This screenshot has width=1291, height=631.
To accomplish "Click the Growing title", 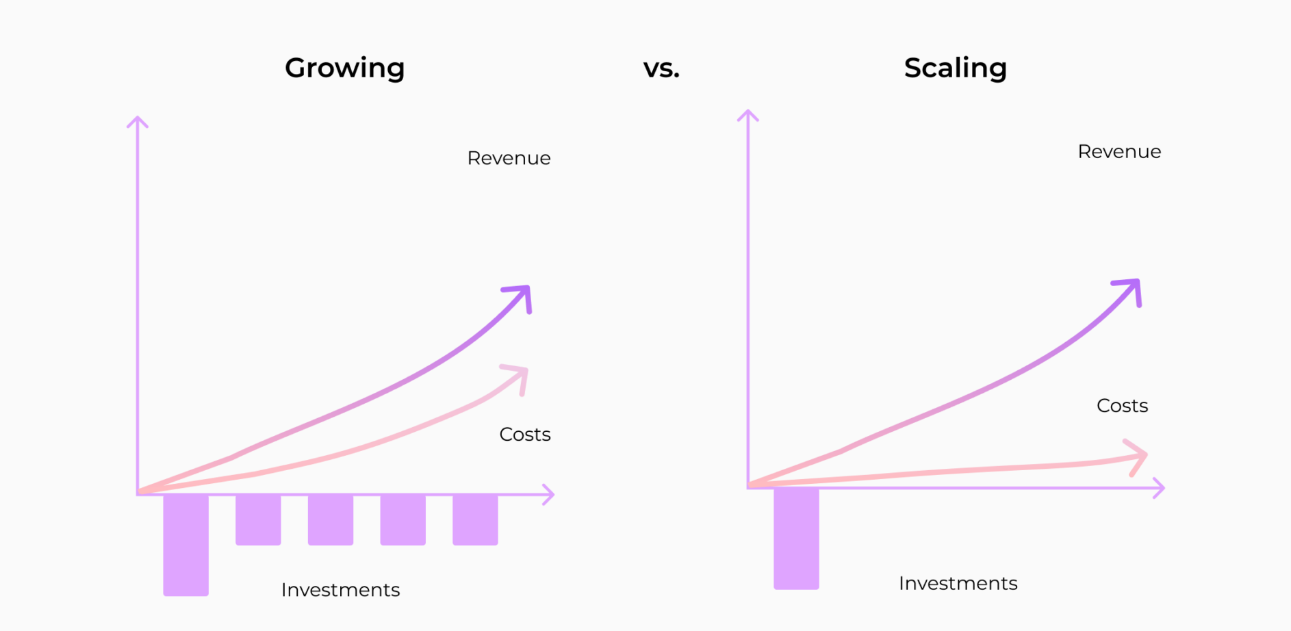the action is click(x=344, y=68).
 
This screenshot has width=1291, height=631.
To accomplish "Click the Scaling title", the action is click(x=955, y=68).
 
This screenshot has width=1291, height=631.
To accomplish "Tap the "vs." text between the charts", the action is click(x=661, y=68).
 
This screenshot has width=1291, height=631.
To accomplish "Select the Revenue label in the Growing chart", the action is click(x=509, y=158).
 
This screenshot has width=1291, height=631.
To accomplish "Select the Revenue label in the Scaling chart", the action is click(x=1119, y=151).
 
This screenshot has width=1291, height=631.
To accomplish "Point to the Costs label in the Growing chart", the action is click(x=525, y=435).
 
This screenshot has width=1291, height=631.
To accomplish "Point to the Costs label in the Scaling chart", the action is click(x=1123, y=406).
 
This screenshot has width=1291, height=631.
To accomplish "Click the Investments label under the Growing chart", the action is click(x=340, y=590).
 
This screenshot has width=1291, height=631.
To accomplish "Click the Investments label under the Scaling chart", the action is click(x=958, y=583).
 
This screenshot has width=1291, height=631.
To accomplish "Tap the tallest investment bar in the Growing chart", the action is click(x=186, y=545).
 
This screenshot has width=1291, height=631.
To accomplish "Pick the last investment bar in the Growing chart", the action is click(x=475, y=519).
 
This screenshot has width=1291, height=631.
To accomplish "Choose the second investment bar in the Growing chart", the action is click(x=258, y=519).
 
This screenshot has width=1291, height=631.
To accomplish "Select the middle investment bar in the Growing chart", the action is click(x=331, y=519).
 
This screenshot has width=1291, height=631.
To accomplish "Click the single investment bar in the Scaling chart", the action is click(x=796, y=539).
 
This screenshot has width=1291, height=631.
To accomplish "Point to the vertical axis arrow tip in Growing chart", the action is click(x=138, y=117).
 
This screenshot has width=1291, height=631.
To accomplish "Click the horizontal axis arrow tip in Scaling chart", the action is click(x=1164, y=488).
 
